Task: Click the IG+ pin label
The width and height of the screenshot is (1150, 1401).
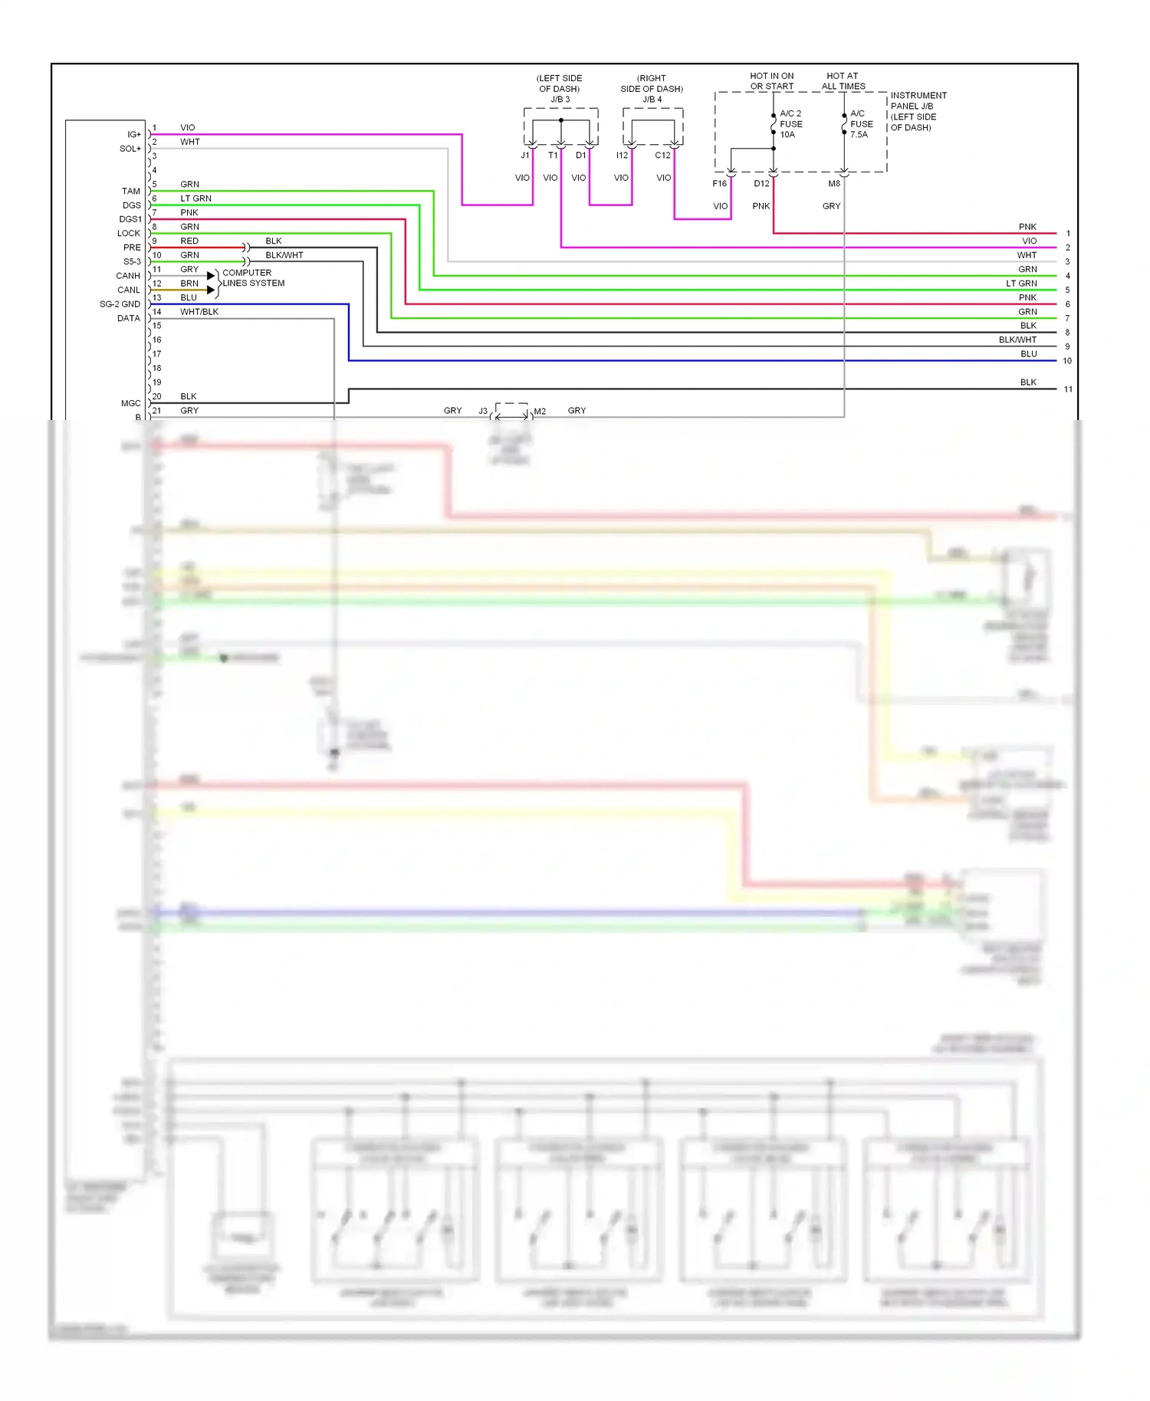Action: [133, 135]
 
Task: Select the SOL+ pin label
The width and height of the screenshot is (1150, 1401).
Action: [130, 149]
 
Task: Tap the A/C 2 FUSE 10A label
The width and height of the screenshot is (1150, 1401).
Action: [790, 124]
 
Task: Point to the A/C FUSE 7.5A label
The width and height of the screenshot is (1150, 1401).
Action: [861, 124]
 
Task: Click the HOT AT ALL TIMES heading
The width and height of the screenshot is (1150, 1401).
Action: [843, 81]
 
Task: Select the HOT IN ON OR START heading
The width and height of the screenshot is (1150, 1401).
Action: [771, 81]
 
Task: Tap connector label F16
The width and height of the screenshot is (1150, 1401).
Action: [719, 184]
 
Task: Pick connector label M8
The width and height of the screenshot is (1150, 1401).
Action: [833, 184]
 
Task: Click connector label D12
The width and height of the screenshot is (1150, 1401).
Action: [761, 184]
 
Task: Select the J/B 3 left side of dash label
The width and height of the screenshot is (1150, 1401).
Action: [560, 89]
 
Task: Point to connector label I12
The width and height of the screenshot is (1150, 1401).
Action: [622, 156]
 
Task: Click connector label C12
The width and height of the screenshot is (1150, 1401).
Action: [662, 156]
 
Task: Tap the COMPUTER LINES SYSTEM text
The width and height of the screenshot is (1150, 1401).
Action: [253, 278]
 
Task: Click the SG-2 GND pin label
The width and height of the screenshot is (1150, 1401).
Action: [120, 304]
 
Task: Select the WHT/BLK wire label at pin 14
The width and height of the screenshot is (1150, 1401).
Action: [199, 312]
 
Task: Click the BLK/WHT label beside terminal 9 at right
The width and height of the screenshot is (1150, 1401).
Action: [1017, 340]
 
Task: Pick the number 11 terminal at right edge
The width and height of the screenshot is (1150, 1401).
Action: [1067, 389]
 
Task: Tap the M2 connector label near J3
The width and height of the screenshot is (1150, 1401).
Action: [540, 412]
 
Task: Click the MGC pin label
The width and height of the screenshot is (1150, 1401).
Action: [130, 403]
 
